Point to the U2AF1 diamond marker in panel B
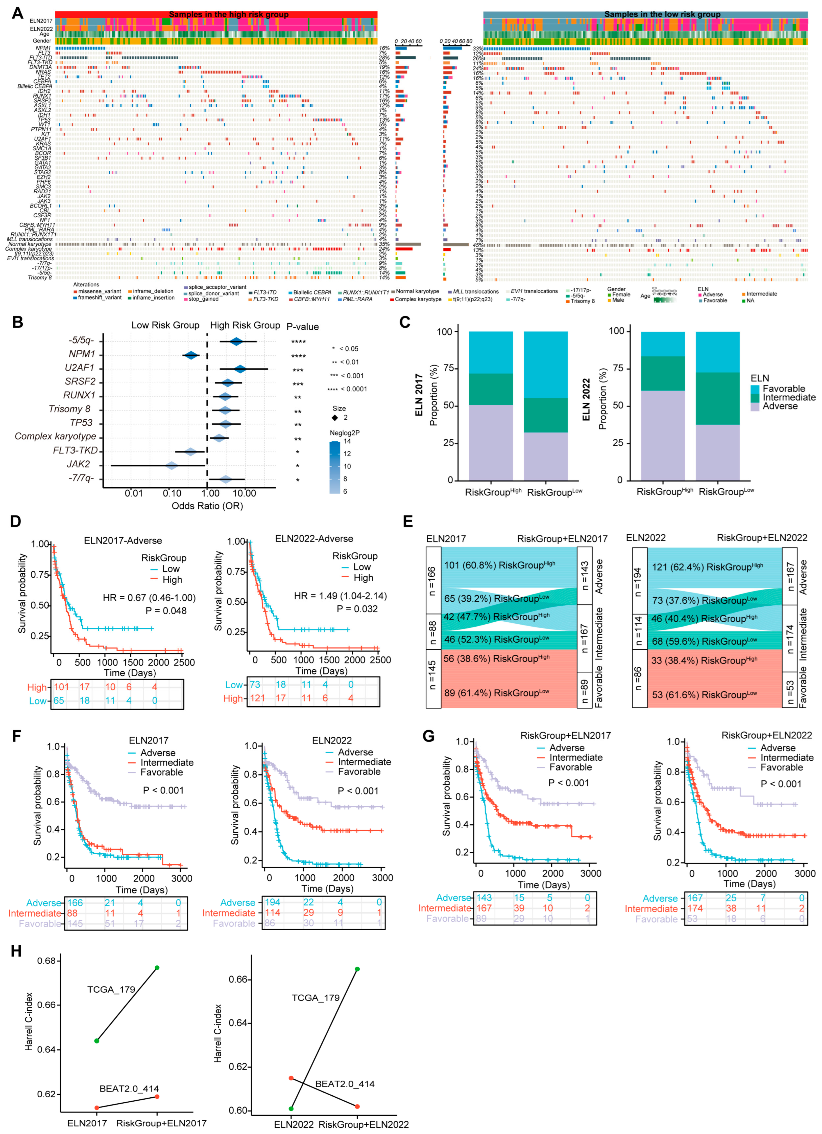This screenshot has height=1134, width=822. tap(240, 369)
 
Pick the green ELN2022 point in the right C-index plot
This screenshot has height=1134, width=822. tap(291, 1109)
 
